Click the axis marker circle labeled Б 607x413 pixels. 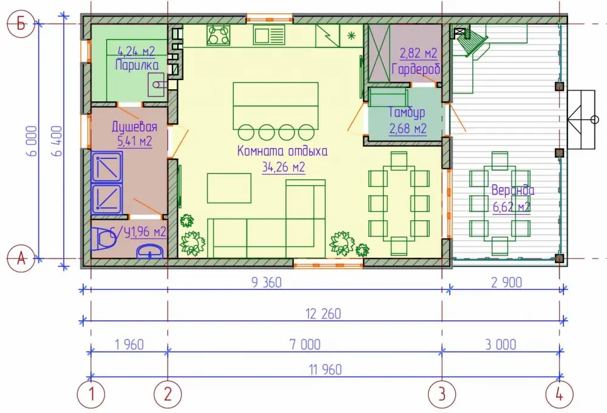coord(21,24)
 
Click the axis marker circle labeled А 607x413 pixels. coord(21,258)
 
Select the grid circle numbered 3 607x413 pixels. coord(442,394)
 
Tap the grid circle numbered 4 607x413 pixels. coord(560,394)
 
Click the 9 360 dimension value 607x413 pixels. coord(266,283)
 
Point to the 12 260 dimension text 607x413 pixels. coord(324,314)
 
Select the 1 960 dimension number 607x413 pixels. coord(129,344)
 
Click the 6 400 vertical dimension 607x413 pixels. coord(57,141)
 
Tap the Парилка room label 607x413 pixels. coord(137,64)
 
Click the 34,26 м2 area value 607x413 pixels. coord(283,167)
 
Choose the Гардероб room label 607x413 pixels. coord(416,69)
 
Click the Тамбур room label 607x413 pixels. coord(407,112)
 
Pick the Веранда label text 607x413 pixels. coord(513,190)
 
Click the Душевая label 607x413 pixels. coord(134,127)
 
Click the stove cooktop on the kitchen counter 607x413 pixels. coord(219,35)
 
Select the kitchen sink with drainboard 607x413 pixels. coord(270,35)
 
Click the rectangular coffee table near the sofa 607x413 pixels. coord(229,189)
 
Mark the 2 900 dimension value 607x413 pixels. coord(506,283)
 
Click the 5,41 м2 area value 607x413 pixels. coord(135,141)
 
